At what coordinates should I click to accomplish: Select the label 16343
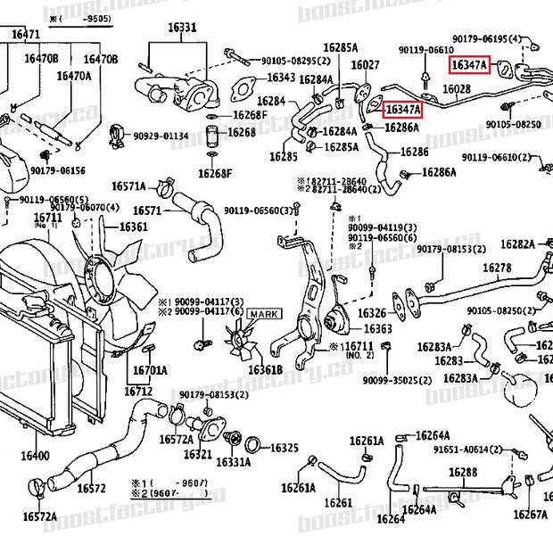click(x=283, y=78)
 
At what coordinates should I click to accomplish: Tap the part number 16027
click(x=365, y=65)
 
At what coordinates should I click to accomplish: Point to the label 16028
click(x=456, y=89)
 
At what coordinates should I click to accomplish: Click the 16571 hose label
click(x=146, y=211)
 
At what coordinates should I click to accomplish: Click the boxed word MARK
click(x=263, y=314)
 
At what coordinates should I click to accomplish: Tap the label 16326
click(x=372, y=313)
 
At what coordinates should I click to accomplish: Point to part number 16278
click(x=497, y=268)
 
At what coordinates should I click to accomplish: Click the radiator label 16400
click(x=36, y=456)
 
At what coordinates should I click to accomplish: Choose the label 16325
click(x=284, y=448)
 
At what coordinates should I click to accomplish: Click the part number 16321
click(x=198, y=454)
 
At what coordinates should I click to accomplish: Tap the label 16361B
click(x=265, y=369)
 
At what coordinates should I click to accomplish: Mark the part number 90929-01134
click(x=161, y=136)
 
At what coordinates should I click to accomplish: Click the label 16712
click(x=138, y=391)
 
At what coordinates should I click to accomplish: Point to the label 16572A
click(x=39, y=516)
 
